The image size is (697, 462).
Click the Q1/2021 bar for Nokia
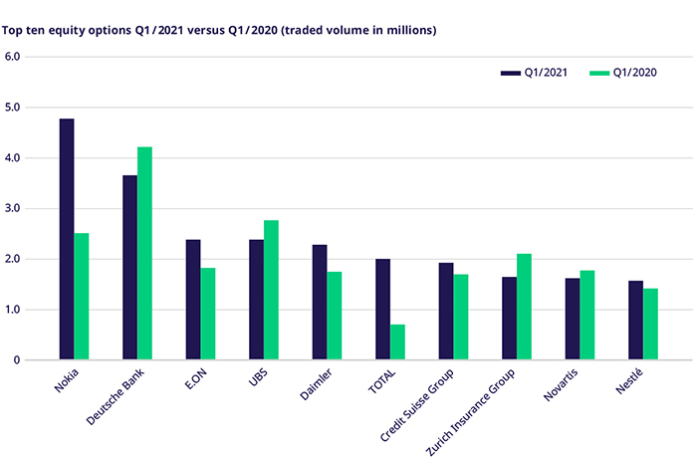pos(67,239)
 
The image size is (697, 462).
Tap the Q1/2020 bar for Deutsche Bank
pos(144,254)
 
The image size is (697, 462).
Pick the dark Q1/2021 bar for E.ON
pos(193,300)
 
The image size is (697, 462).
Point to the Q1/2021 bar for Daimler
pos(320,303)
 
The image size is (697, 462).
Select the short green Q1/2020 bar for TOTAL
pos(397,343)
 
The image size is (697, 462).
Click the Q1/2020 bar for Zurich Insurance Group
pos(524,307)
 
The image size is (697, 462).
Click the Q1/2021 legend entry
pos(534,72)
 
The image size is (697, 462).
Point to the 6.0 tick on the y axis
pos(13,57)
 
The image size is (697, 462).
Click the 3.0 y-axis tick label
pos(13,209)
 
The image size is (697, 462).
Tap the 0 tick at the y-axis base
pos(18,360)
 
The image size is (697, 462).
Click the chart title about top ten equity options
pos(219,30)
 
